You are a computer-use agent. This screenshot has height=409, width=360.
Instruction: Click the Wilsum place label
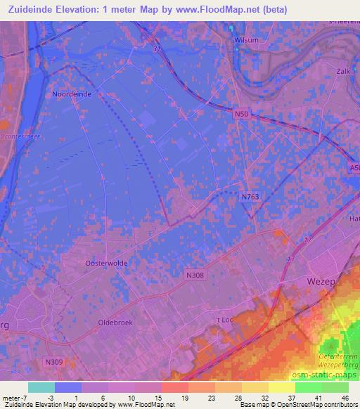tap(247, 40)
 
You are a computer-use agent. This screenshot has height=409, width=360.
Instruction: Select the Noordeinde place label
tap(72, 93)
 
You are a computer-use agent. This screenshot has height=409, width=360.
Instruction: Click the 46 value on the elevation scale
tap(345, 398)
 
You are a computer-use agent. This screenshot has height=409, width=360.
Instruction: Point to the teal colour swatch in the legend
tap(41, 387)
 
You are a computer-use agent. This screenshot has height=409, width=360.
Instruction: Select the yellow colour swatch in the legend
tap(282, 387)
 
